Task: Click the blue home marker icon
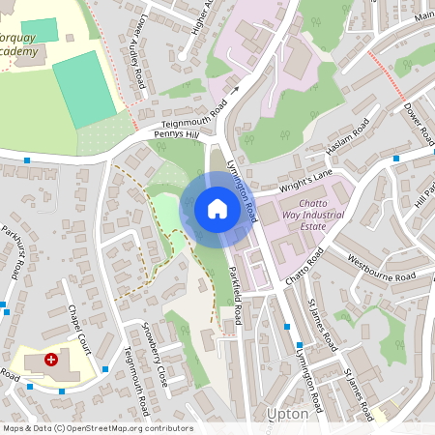point(217,209)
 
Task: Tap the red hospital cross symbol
point(51,359)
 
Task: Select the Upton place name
point(287,414)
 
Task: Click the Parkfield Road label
point(238,288)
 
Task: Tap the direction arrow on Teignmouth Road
point(233,93)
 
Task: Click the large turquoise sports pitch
point(85,89)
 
